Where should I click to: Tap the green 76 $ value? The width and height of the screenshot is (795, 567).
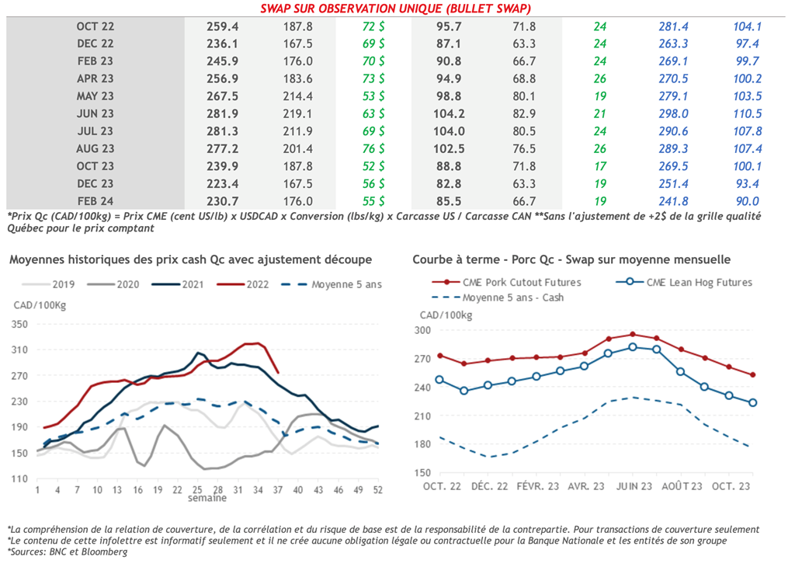(x=373, y=148)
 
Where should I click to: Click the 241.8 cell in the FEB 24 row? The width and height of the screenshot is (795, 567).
(x=673, y=201)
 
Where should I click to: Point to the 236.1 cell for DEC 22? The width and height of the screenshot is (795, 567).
(x=222, y=43)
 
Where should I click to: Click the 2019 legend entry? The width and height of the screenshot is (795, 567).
(x=62, y=284)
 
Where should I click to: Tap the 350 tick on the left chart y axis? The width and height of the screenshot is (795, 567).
(x=19, y=325)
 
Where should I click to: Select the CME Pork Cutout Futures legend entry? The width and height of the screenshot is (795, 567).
(x=521, y=283)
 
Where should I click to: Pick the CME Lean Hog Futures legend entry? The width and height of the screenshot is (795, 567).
(x=699, y=283)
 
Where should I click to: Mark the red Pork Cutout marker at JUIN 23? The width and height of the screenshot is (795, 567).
(x=633, y=335)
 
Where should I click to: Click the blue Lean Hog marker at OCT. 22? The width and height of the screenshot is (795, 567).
(x=439, y=380)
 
